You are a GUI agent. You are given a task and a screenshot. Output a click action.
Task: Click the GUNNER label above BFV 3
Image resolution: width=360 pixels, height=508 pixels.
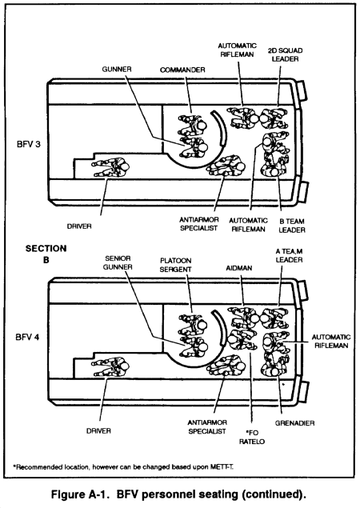coord(117,70)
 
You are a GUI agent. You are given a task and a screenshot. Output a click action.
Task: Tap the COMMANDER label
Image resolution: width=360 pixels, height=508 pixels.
coord(182,70)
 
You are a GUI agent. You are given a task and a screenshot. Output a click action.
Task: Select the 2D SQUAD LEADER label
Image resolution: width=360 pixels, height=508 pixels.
coord(285,54)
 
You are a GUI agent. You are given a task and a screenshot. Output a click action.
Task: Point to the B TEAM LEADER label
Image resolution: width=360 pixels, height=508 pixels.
coord(292,226)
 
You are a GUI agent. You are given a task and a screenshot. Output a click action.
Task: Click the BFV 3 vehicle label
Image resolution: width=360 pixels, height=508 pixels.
coord(29,144)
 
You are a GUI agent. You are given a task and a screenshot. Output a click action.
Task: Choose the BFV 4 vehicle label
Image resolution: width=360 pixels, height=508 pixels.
coord(27,338)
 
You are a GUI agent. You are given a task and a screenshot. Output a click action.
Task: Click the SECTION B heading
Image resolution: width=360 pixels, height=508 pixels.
coord(46,254)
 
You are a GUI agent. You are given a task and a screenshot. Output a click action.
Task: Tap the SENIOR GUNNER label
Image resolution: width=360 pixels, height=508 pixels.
coord(118,262)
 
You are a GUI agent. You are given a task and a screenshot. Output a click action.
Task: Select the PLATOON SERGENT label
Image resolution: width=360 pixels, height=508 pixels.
coord(176,265)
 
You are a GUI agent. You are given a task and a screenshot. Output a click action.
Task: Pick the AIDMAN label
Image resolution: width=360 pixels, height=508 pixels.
coord(239,268)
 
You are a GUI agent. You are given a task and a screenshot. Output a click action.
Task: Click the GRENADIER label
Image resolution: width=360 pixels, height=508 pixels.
coord(294,423)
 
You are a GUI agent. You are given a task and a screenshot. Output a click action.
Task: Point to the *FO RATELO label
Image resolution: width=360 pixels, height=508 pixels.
coord(252,437)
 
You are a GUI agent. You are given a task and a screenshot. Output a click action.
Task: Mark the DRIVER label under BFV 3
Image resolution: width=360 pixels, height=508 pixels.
coord(79,226)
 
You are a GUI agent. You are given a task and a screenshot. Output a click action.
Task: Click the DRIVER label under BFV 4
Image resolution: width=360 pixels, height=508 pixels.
coord(98,431)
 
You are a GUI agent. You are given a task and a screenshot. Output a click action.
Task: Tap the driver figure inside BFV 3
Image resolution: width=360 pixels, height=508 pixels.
coord(110,167)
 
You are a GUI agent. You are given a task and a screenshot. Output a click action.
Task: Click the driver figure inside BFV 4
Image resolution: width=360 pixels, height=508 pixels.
coord(110,367)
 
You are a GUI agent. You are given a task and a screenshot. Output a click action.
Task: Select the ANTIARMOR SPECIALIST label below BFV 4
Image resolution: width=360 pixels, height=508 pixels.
coord(207,427)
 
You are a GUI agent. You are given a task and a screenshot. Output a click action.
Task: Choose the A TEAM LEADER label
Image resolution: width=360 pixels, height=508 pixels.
coord(289,256)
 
